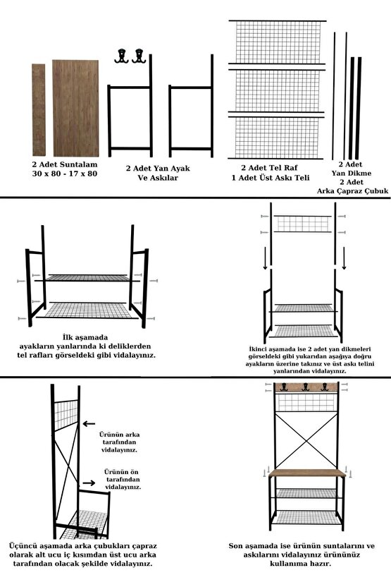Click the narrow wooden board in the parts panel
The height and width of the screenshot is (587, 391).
click(38, 109)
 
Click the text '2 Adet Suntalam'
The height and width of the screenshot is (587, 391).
click(64, 164)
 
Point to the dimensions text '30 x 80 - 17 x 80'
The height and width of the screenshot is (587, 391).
click(64, 174)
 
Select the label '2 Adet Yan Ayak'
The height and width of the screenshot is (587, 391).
click(158, 169)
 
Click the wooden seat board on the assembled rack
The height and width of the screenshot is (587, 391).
click(305, 473)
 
